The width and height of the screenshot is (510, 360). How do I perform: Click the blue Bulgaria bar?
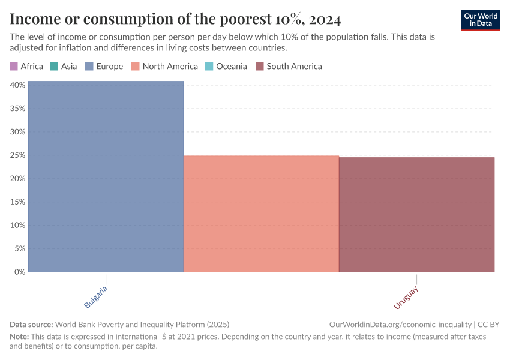tap(106, 176)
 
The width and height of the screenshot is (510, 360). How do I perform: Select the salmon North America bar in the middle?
tap(261, 214)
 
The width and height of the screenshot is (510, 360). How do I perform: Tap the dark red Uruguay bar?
tap(416, 214)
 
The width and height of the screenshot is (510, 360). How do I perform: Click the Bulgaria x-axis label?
tap(97, 297)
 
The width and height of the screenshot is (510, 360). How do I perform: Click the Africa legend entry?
tap(26, 66)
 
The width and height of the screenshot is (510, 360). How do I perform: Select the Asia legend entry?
tap(64, 66)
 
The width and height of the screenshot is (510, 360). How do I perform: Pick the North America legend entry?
tap(165, 66)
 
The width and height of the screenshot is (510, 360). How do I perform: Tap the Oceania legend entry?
tap(226, 66)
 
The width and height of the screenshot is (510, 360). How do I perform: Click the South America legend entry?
tap(289, 66)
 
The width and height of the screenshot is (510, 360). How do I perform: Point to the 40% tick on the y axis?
tap(17, 85)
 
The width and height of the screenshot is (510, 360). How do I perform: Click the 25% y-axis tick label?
tap(17, 155)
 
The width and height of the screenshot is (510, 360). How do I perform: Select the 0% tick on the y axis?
tap(19, 272)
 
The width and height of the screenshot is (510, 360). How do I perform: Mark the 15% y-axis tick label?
tap(17, 202)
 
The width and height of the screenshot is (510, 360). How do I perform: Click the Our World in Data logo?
tap(481, 20)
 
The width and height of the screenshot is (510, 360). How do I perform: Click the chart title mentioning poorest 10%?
tap(175, 20)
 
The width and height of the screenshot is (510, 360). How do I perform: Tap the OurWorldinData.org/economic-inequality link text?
tap(400, 324)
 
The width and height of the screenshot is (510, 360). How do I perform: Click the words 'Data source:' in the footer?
tap(32, 324)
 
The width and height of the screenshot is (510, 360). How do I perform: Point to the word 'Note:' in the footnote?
tap(20, 337)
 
